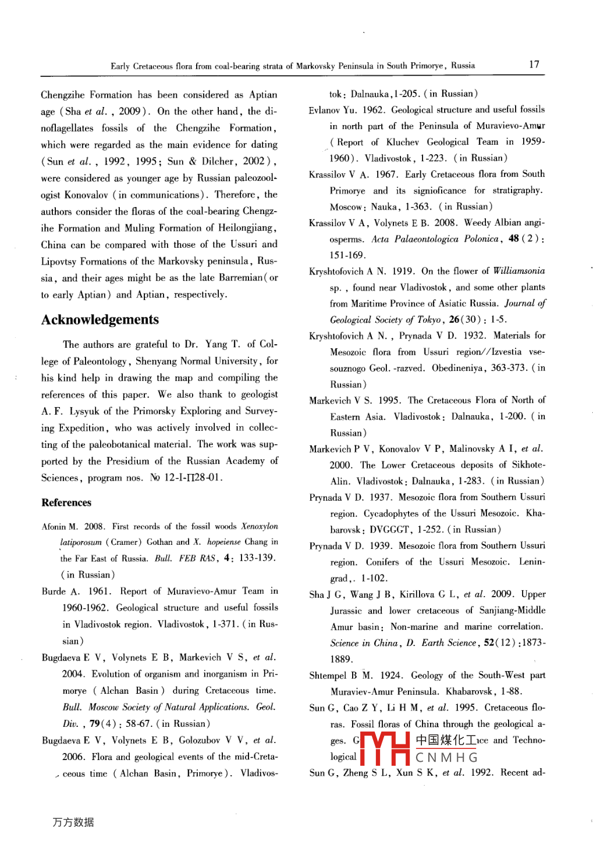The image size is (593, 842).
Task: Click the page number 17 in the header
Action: [x=534, y=65]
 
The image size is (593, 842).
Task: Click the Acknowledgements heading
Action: [x=100, y=320]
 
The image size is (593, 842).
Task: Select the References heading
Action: [x=66, y=503]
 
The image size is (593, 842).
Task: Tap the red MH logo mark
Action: [x=385, y=748]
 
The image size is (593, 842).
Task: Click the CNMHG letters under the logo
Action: [x=446, y=758]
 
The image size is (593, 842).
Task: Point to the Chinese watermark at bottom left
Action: [x=73, y=822]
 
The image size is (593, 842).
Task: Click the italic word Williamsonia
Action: [x=519, y=270]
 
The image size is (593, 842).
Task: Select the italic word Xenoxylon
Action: [x=260, y=526]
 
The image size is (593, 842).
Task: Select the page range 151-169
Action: [x=347, y=255]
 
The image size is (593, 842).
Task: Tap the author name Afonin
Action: [x=54, y=527]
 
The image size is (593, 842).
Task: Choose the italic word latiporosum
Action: [x=81, y=542]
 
